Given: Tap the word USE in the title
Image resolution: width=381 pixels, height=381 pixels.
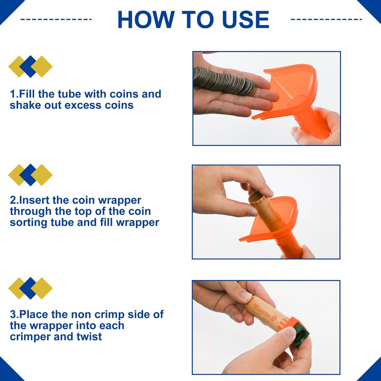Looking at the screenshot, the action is [245, 19].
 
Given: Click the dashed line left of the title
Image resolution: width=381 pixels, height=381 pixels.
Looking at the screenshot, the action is [56, 19].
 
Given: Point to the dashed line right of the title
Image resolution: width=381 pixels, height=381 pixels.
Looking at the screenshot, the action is [327, 19].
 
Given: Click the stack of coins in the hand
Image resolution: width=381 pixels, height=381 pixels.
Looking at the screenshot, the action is [224, 81].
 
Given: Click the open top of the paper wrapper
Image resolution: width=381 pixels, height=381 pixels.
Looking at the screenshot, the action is [257, 197].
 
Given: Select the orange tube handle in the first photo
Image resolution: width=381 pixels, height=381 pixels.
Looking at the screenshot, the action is [312, 123].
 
